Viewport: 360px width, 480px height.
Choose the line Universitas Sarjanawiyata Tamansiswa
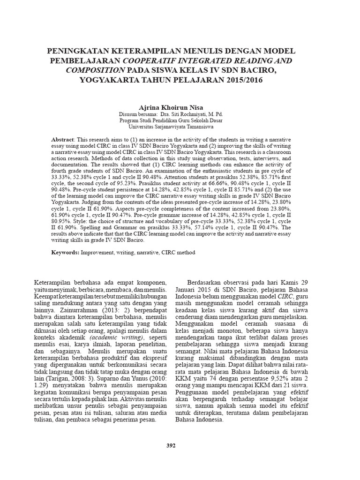[x=171, y=127]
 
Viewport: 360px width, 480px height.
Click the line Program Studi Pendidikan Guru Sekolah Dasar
[x=171, y=120]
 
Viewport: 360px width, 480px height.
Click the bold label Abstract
[x=63, y=140]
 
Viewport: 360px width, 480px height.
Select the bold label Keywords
[x=65, y=252]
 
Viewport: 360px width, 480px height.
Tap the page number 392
[x=171, y=445]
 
